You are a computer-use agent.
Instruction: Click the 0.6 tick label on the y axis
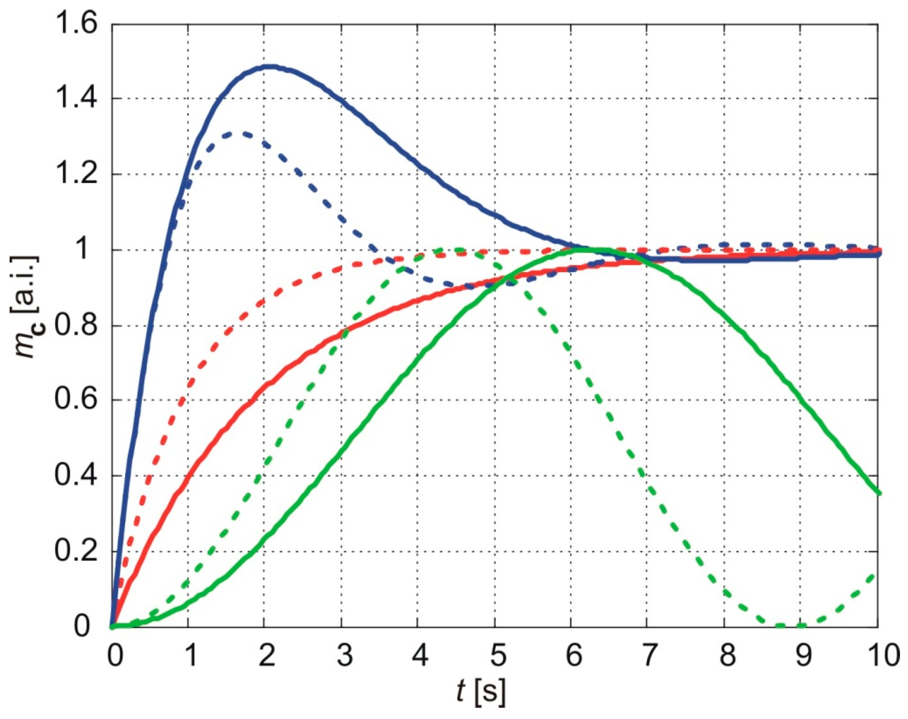tap(80, 400)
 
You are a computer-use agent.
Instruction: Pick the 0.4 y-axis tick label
tap(80, 476)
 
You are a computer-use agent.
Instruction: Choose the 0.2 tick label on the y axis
tap(80, 551)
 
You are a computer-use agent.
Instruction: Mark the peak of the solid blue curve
tap(270, 66)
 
